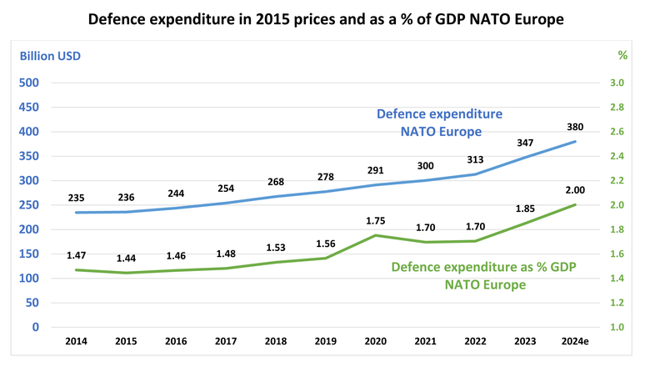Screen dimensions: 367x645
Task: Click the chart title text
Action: point(322,18)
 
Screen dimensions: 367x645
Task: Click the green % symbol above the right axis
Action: point(621,55)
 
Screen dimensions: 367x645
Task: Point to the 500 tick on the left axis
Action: point(29,83)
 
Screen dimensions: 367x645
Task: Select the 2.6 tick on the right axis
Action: point(617,132)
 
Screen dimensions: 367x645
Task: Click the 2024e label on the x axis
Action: point(575,343)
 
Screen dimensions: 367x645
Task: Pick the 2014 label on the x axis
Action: point(76,343)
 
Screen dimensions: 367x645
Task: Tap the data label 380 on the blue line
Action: point(575,128)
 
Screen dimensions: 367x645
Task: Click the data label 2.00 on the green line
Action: point(575,190)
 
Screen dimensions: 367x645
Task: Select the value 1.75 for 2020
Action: point(376,221)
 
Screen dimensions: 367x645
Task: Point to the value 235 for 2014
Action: point(76,199)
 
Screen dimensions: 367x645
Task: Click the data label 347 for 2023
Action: point(525,143)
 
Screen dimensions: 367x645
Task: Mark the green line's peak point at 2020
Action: point(376,235)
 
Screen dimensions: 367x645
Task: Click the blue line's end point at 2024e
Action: point(575,142)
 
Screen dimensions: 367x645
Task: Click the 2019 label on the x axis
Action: point(326,343)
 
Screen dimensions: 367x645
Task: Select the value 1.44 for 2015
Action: point(126,259)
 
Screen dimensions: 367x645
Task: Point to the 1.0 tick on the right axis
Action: point(617,327)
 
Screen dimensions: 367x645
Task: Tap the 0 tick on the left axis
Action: point(37,327)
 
